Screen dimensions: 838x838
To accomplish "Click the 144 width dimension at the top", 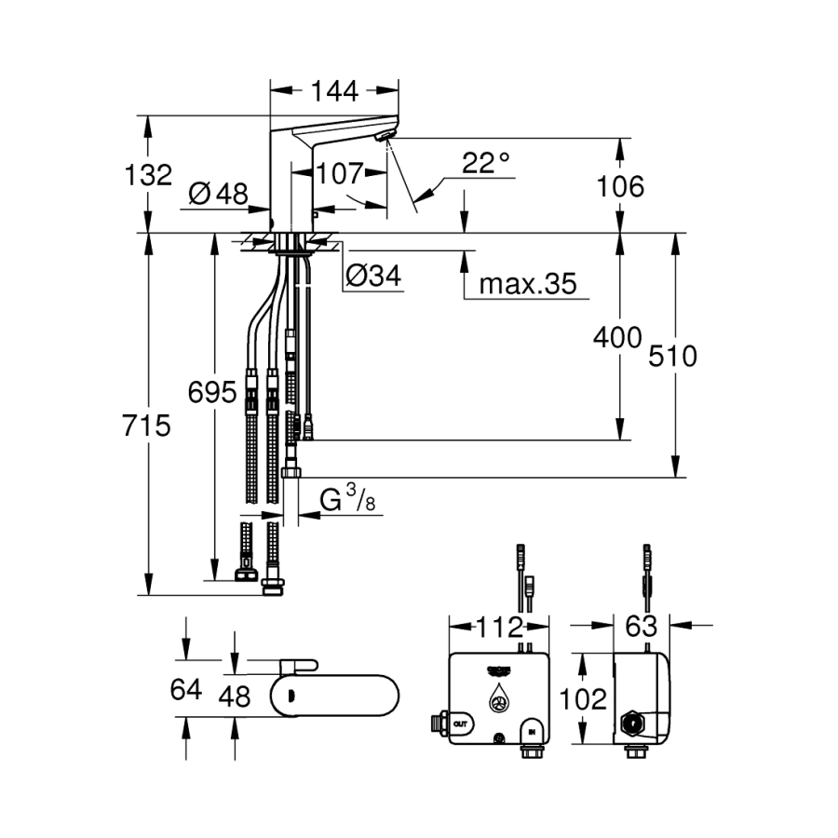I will click(x=335, y=90).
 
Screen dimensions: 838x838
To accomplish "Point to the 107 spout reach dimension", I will click(x=338, y=173).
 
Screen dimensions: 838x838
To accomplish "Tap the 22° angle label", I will click(x=485, y=163).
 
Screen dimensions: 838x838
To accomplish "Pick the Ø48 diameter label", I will click(x=218, y=194).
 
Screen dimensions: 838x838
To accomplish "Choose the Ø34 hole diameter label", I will click(x=372, y=276).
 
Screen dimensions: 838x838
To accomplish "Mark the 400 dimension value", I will click(x=618, y=337).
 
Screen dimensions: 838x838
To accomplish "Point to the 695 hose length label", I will click(x=213, y=391).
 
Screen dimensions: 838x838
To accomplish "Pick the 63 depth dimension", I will click(x=641, y=626).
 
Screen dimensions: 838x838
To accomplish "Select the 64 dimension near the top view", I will click(x=186, y=689).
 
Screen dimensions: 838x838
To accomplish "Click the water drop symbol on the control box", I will click(x=500, y=699).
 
